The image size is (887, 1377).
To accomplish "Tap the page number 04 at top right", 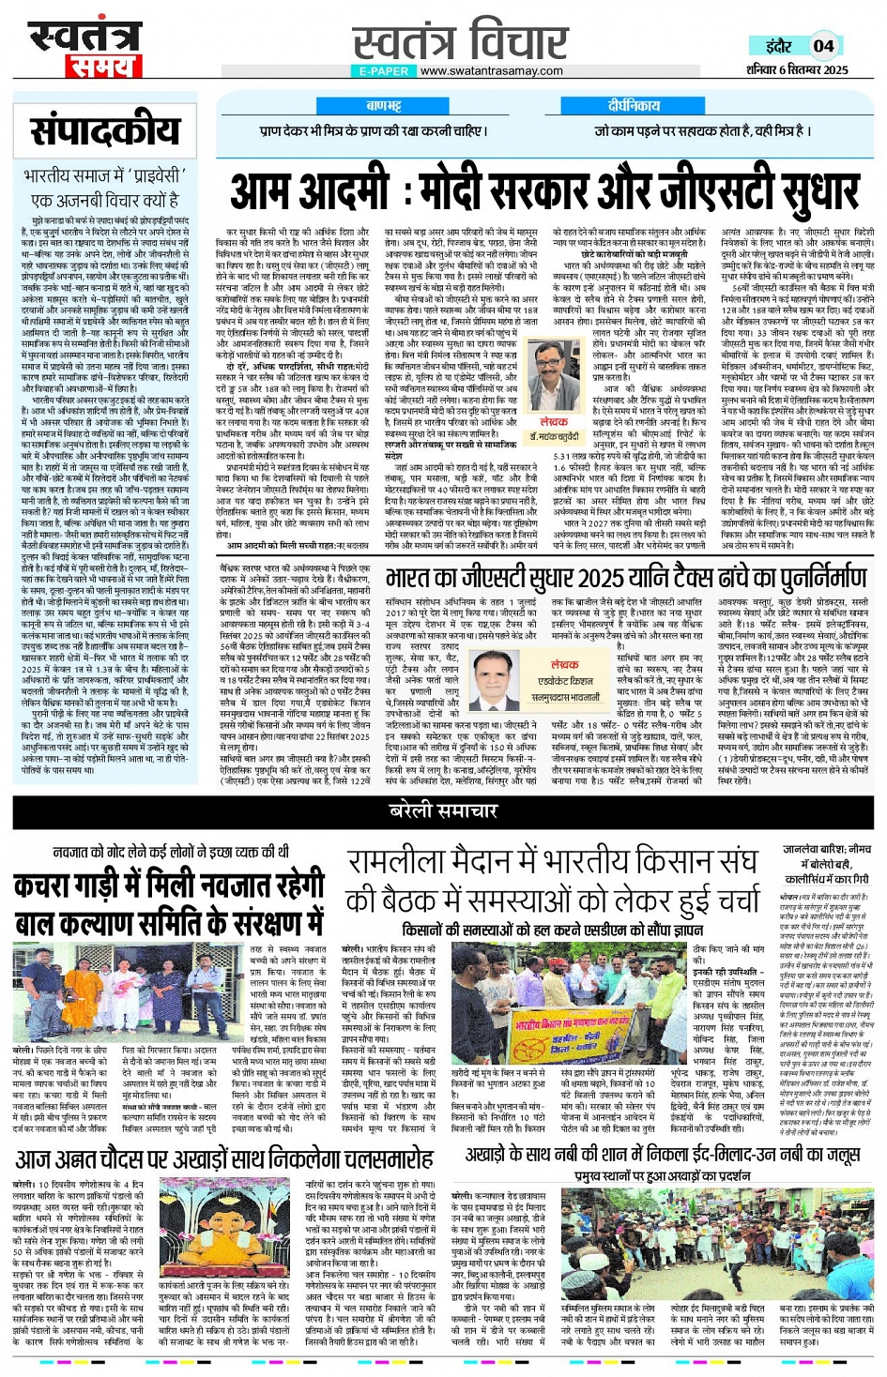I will coord(823,45).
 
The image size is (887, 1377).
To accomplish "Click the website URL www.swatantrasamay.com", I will coord(491,70).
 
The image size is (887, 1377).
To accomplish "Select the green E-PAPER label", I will coord(384,70).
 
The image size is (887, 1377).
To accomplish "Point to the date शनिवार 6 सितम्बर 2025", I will coord(797,69).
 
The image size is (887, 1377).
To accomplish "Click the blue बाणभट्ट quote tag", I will coord(383,106).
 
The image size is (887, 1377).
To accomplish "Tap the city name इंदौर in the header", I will coord(778,45).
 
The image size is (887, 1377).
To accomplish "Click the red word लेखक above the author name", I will coord(554,423).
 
